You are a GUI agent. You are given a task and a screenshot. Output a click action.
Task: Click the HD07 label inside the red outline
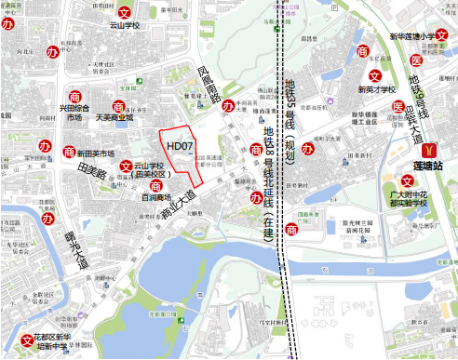pos(180,147)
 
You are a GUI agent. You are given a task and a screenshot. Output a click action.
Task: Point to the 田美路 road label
pos(91,169)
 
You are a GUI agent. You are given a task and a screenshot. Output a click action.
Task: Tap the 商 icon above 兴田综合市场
pos(75,96)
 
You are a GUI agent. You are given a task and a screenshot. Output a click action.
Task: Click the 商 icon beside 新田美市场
pos(68,152)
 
